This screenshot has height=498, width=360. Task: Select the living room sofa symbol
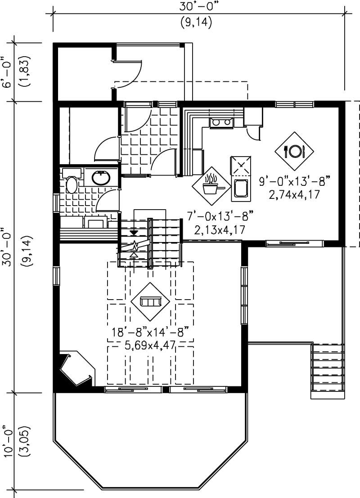coord(150,301)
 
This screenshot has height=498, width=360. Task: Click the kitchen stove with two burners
coord(221,122)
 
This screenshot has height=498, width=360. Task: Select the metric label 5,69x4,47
coord(150,345)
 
